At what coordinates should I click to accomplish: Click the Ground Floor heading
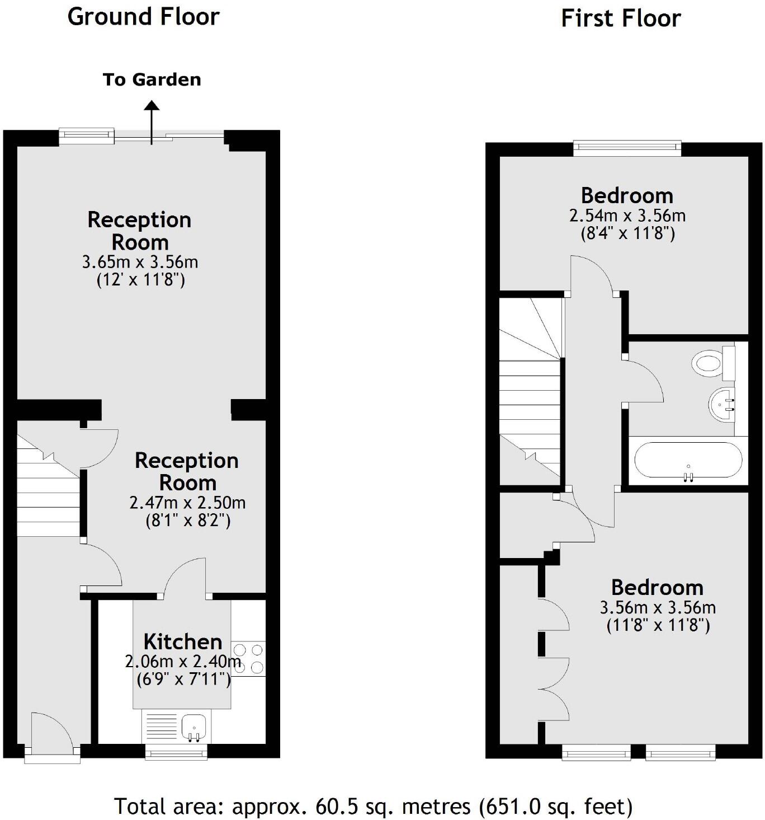[x=143, y=17]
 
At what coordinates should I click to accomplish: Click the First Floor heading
[x=621, y=18]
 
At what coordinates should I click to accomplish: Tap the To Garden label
[x=152, y=79]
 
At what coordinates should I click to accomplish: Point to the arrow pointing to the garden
[x=152, y=120]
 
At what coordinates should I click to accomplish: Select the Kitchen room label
[x=183, y=641]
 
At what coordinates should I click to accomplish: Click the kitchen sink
[x=193, y=727]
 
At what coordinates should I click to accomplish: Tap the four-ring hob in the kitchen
[x=248, y=659]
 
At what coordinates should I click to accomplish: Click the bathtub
[x=688, y=460]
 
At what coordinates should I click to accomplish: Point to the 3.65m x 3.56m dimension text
[x=140, y=262]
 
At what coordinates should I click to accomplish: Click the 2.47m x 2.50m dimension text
[x=187, y=503]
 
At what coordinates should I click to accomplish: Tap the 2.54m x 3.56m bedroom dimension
[x=627, y=215]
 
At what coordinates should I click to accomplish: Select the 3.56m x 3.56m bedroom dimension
[x=658, y=607]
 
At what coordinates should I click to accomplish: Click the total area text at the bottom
[x=374, y=807]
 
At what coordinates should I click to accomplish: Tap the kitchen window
[x=176, y=753]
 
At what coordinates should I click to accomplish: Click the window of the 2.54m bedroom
[x=627, y=148]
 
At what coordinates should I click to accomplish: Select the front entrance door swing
[x=51, y=730]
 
